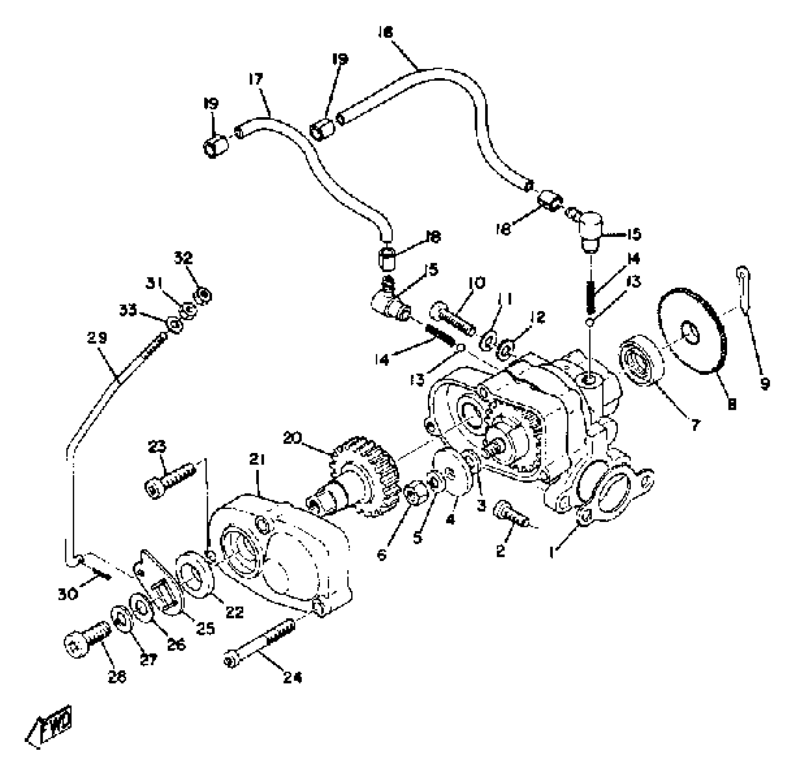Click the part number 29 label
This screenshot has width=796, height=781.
point(97,338)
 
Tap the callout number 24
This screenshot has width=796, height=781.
point(292,677)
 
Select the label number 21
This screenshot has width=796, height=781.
point(257,459)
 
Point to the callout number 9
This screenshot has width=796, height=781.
point(764,384)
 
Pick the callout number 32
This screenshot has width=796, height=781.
point(184,258)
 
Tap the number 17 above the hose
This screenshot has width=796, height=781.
point(256,79)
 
